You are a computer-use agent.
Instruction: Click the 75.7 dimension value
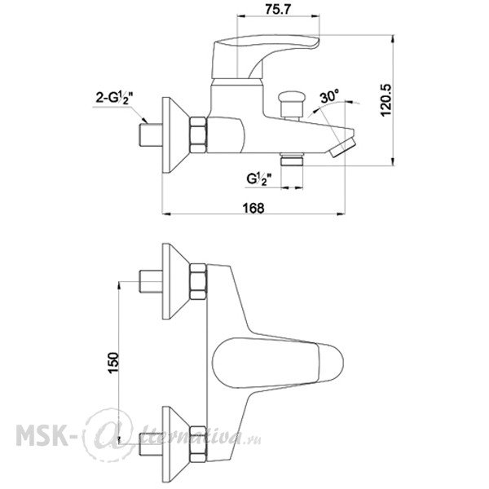(x=278, y=10)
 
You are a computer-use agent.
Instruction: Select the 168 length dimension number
(x=253, y=208)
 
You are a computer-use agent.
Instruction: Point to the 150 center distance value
(x=113, y=363)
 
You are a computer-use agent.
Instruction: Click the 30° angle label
(x=329, y=96)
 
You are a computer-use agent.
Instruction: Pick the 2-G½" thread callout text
(x=114, y=98)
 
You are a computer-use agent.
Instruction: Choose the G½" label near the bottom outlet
(x=259, y=179)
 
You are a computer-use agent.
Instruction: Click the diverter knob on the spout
(x=292, y=105)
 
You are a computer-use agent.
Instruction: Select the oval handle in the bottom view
(x=278, y=363)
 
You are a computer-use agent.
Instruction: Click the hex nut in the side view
(x=198, y=135)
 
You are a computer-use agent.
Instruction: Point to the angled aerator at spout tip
(x=342, y=147)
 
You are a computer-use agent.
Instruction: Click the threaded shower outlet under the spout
(x=292, y=160)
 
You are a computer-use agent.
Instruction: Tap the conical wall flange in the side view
(x=175, y=135)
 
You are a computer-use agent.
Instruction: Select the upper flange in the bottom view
(x=175, y=281)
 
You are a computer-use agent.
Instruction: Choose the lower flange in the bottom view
(x=175, y=444)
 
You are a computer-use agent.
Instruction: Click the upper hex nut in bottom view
(x=198, y=282)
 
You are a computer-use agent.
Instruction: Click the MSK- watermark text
(x=42, y=436)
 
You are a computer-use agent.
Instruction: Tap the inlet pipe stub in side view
(x=150, y=135)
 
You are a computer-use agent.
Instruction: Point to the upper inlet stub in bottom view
(x=150, y=282)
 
